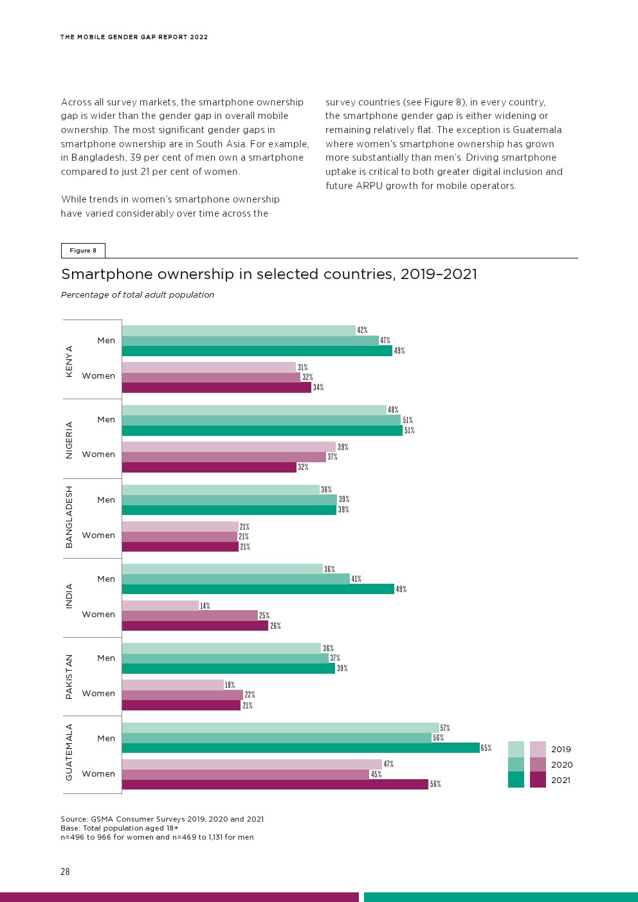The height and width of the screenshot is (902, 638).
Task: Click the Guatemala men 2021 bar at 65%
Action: click(x=300, y=748)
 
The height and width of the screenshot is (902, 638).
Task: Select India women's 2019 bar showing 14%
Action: click(x=160, y=606)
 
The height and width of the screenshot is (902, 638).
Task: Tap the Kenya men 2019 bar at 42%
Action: click(x=239, y=330)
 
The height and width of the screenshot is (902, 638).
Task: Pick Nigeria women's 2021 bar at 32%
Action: click(x=209, y=467)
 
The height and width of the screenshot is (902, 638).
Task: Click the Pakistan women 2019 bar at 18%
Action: click(x=172, y=685)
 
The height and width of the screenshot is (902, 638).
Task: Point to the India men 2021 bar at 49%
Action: click(x=258, y=589)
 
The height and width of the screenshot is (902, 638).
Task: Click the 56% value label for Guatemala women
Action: click(x=435, y=784)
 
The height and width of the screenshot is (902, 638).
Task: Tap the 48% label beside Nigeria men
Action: click(x=393, y=410)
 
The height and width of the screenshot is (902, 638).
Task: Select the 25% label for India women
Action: click(x=264, y=616)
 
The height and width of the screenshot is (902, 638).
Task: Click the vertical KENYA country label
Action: click(x=69, y=361)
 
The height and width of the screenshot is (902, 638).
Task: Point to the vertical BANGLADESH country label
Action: click(x=69, y=517)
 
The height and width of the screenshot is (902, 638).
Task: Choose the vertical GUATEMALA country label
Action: click(x=69, y=752)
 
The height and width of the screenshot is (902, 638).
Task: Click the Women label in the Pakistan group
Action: click(x=98, y=693)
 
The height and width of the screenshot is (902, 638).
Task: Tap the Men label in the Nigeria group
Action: click(x=106, y=419)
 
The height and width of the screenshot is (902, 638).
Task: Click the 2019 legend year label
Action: click(x=561, y=749)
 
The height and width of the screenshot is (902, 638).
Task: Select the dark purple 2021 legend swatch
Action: click(x=538, y=780)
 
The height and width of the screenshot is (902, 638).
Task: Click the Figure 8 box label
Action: click(x=83, y=251)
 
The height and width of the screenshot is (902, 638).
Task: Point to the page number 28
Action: click(x=65, y=872)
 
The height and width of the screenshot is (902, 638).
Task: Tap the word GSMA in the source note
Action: click(x=101, y=819)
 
